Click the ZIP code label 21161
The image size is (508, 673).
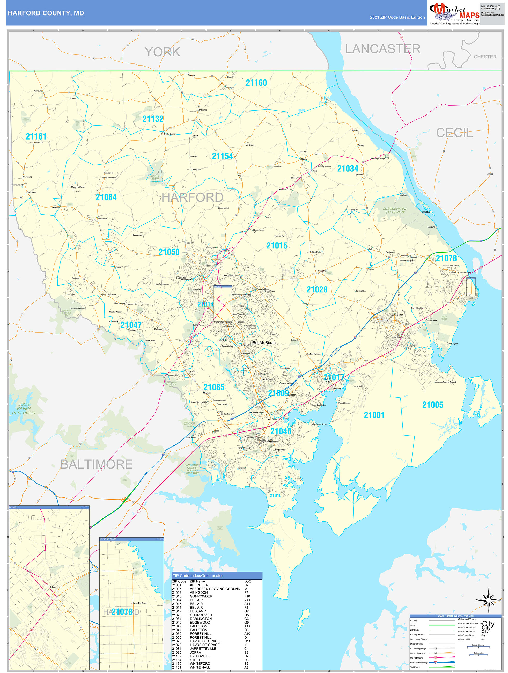click(x=36, y=136)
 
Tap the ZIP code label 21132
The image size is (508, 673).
click(x=153, y=119)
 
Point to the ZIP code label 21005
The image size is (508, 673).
click(x=432, y=405)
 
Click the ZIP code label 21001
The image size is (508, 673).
click(x=374, y=415)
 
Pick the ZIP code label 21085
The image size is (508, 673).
click(x=214, y=387)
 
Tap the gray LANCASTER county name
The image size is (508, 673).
click(x=383, y=49)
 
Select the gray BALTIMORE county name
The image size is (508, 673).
click(x=97, y=464)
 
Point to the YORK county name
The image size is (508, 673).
click(x=162, y=52)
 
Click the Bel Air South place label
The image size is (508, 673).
click(x=264, y=343)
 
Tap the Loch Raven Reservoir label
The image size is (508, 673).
click(x=24, y=409)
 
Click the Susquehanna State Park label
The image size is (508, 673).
click(x=395, y=210)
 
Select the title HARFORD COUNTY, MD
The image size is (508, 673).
click(x=46, y=13)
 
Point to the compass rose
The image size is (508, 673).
click(x=489, y=600)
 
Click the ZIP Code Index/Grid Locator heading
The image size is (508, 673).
click(x=197, y=576)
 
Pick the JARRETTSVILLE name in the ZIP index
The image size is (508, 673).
click(x=203, y=649)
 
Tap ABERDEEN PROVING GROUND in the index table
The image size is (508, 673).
click(x=215, y=589)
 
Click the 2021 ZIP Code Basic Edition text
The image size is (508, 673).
click(x=397, y=17)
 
